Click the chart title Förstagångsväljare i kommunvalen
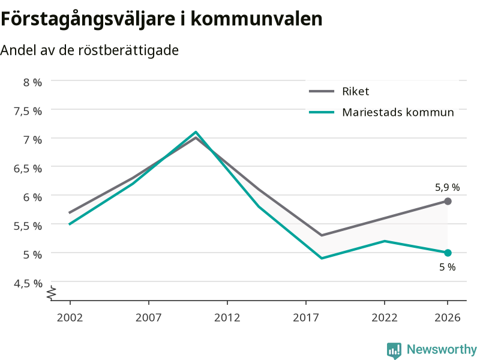(161, 19)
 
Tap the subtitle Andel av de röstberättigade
(89, 50)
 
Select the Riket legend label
(355, 91)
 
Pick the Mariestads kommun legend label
(398, 112)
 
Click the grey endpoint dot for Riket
(448, 201)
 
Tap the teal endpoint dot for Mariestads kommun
(448, 253)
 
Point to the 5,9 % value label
(447, 187)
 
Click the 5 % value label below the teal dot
(447, 267)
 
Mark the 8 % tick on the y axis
(32, 82)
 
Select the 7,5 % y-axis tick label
(28, 111)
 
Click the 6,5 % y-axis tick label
(28, 169)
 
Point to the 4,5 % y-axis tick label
(28, 283)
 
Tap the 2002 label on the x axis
(70, 317)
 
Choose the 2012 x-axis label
(227, 317)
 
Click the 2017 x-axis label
(306, 317)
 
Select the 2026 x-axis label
(447, 317)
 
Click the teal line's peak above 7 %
(196, 132)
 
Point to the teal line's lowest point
(322, 259)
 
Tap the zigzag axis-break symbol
(52, 293)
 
